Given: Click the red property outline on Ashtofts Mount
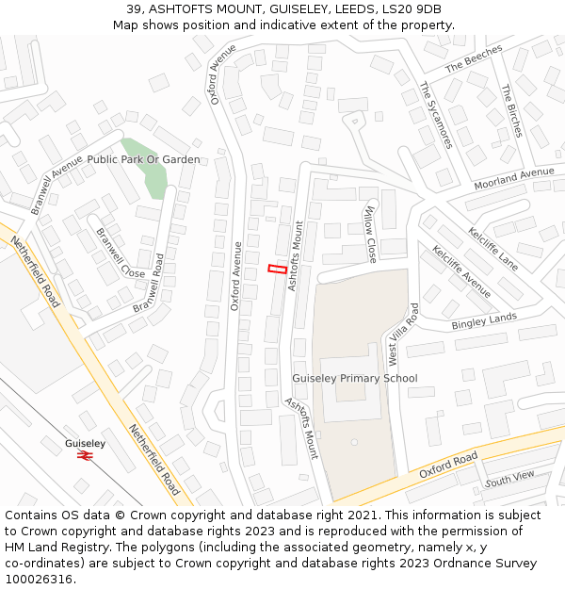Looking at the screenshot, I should coord(278,269).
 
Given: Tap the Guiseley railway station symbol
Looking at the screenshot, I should coord(85,455).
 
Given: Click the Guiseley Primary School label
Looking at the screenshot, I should coord(354,379).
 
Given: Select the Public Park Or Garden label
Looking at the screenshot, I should coord(143,160).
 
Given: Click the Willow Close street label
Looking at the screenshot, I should coord(370,234).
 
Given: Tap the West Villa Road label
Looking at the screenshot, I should coord(403,335).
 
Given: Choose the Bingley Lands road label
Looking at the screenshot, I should coord(484,321).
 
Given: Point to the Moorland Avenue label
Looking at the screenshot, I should coord(514,178).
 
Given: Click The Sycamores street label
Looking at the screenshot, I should coord(437,114).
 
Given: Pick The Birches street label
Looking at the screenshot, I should coord(511,110).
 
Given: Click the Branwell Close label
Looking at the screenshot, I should coord(121,254).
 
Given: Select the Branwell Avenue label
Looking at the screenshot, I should coord(56,185).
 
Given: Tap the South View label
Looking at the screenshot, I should coord(509,480).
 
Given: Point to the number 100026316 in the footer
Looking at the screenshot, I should coord(39,580).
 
